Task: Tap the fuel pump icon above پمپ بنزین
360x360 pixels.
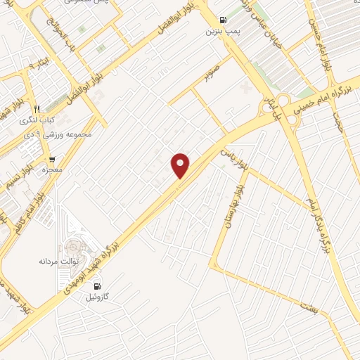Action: coord(223,20)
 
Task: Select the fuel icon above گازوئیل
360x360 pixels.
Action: coord(97,286)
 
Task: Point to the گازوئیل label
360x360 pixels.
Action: coord(97,298)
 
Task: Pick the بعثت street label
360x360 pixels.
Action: coord(307,307)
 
